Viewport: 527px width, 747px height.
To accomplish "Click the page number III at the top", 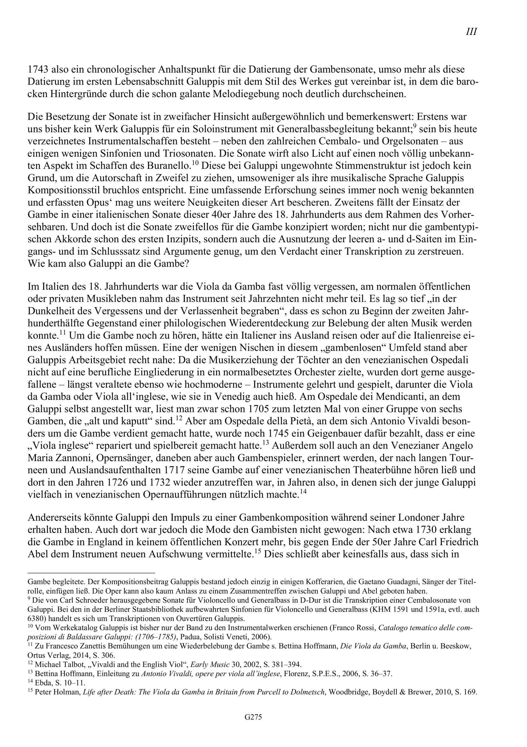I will [471, 32].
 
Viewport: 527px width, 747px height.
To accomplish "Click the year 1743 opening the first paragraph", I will [37, 70].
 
